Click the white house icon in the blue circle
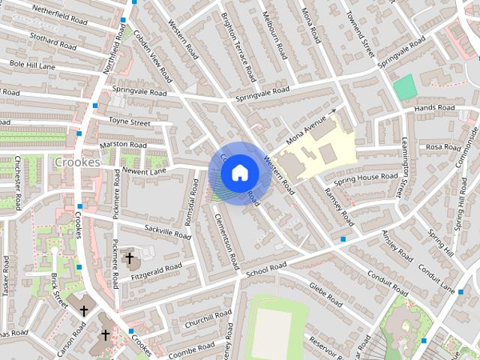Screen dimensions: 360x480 (239, 172)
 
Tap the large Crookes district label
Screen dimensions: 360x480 (77, 162)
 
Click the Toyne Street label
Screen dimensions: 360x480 (129, 121)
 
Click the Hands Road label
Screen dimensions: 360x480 (435, 109)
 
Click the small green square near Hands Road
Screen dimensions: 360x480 (405, 87)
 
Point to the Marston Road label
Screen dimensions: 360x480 (123, 145)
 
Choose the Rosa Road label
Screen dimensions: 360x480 (442, 147)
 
